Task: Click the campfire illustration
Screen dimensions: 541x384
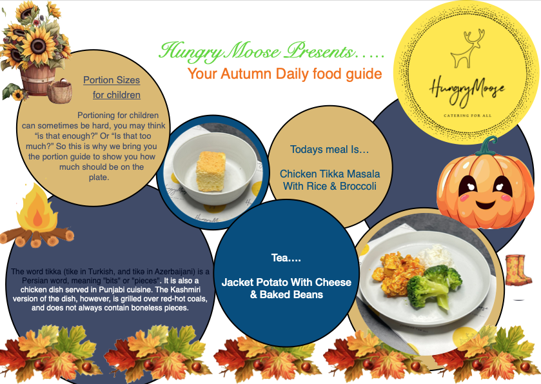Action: (37, 217)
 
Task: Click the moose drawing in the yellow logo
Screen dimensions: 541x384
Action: (466, 48)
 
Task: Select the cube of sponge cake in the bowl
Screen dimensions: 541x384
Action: (211, 171)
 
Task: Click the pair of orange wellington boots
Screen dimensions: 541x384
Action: (517, 270)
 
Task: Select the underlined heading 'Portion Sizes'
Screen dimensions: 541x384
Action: (112, 80)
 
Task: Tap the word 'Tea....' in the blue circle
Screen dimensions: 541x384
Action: (286, 258)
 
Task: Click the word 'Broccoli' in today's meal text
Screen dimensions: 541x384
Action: (358, 186)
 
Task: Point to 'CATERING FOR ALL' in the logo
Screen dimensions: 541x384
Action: (467, 116)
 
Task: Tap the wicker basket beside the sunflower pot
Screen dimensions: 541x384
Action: (60, 91)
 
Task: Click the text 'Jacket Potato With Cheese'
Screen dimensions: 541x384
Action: (286, 283)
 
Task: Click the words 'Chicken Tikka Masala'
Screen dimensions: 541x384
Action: (330, 174)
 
